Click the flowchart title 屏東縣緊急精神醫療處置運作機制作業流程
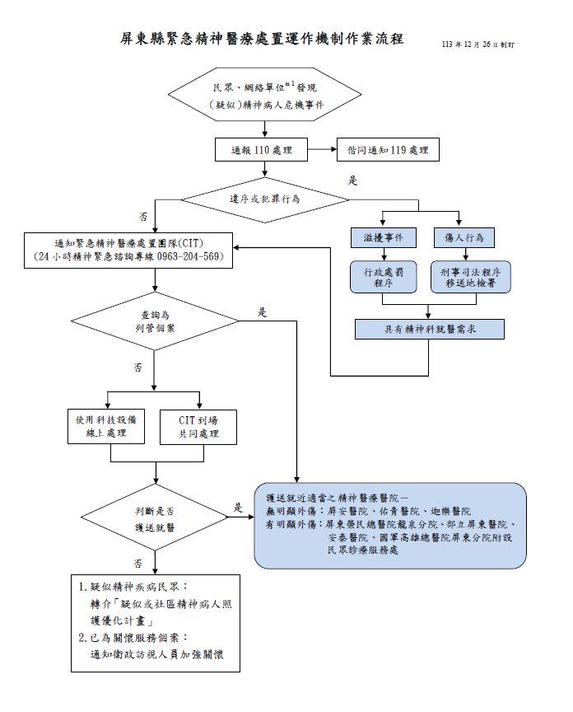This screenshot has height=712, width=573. click(262, 39)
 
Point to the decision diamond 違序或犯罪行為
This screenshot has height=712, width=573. click(264, 199)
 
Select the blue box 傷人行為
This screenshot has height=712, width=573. click(463, 237)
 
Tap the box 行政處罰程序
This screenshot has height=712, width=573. click(381, 276)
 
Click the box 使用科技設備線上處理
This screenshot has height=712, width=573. click(107, 426)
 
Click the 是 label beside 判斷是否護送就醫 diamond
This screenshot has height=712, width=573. click(238, 507)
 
